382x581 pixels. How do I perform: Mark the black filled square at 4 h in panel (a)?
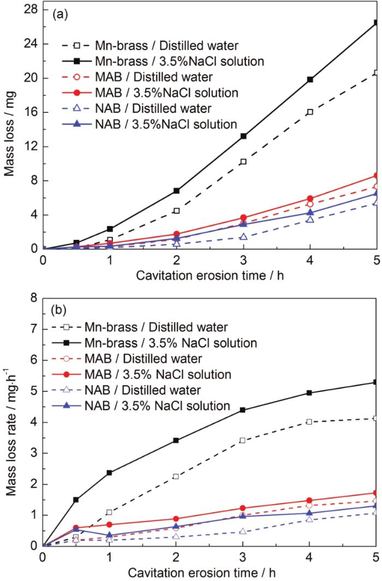coord(310,80)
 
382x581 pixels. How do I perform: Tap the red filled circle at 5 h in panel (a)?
coord(376,175)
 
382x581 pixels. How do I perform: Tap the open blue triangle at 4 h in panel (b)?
coord(310,519)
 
